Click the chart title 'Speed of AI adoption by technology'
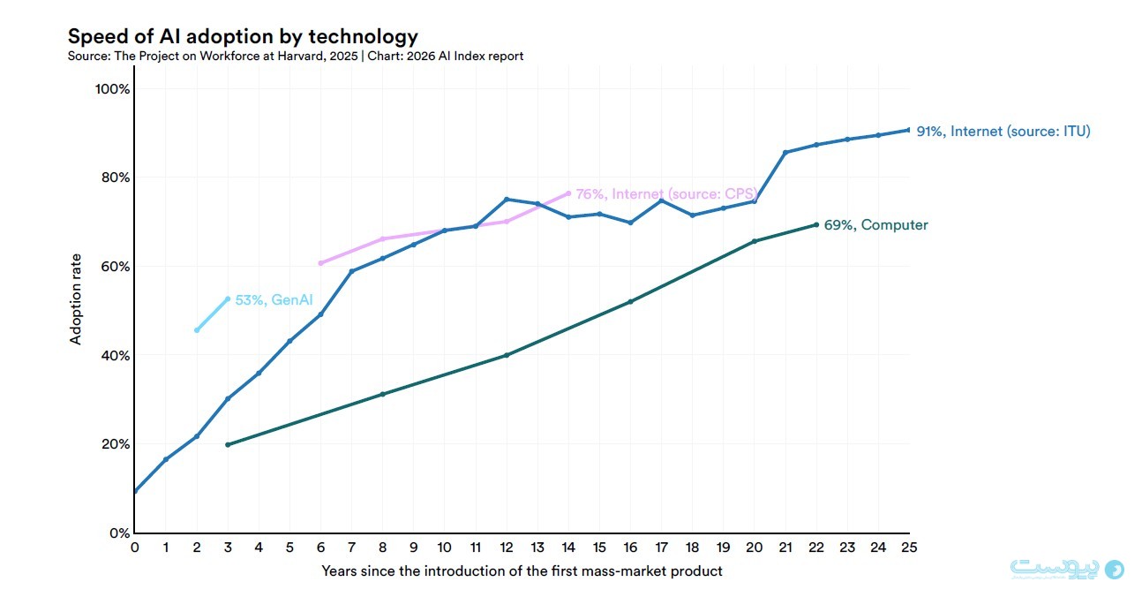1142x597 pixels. pos(243,37)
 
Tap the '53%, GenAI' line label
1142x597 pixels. pos(274,299)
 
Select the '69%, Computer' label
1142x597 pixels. pos(875,225)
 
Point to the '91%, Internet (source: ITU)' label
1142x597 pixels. pos(1003,131)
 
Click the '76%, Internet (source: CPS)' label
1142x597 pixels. pos(667,194)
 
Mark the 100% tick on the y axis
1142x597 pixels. pos(113,89)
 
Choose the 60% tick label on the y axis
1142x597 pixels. pos(116,267)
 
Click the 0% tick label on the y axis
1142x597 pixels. pos(120,533)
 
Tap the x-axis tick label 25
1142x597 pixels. pos(909,548)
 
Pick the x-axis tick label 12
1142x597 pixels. pos(507,548)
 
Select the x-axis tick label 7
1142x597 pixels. pos(352,548)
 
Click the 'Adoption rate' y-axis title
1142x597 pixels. pos(75,299)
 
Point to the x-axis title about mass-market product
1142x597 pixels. pos(522,571)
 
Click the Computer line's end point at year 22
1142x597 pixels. pos(816,225)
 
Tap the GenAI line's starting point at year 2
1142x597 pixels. pos(197,330)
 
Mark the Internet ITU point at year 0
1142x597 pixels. pos(135,491)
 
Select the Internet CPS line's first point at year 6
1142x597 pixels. pos(320,263)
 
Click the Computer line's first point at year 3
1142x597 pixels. pos(228,445)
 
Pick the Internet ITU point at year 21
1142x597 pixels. pos(785,153)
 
